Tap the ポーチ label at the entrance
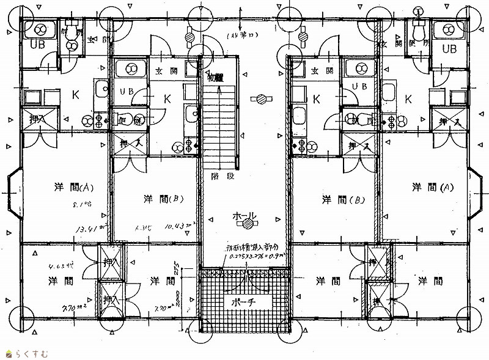[x=244, y=302]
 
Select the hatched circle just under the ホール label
[x=248, y=225]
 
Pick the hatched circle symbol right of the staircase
[x=262, y=98]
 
